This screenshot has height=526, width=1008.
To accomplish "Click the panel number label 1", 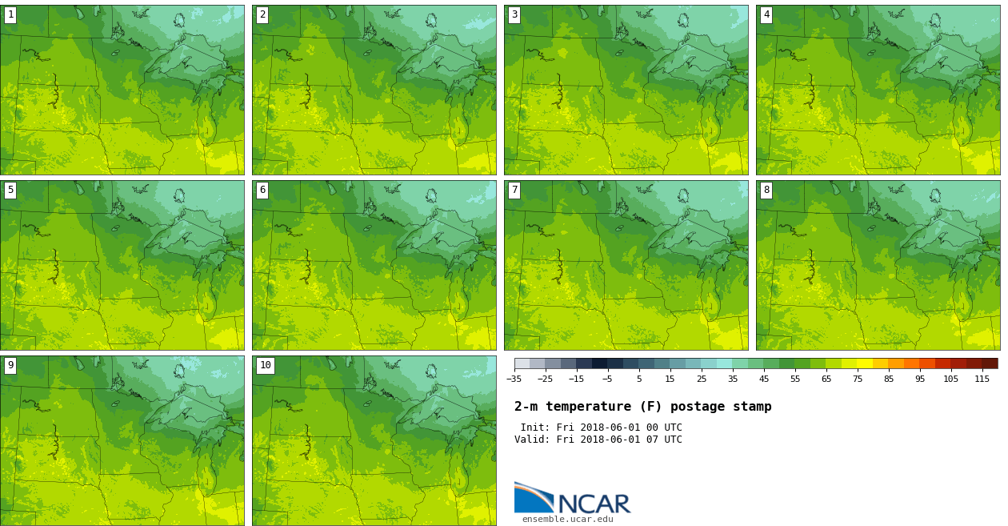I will (10, 14).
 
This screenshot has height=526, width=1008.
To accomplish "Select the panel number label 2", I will (262, 14).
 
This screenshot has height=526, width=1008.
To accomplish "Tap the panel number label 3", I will (514, 14).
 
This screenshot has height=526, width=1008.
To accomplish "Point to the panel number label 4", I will (766, 14).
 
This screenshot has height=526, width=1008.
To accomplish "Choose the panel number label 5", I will (10, 190).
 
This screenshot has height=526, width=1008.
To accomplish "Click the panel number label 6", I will (262, 190).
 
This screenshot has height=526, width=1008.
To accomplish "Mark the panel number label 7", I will (514, 190).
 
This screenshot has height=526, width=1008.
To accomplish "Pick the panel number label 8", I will (766, 190).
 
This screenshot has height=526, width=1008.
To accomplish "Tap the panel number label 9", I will (10, 365).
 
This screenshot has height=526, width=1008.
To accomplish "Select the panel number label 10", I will (265, 365).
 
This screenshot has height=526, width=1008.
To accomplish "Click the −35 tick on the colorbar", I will (514, 379).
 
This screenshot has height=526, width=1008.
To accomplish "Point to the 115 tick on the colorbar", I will (982, 379).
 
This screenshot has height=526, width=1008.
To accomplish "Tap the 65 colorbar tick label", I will (826, 379).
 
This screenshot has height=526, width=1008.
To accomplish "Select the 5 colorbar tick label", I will (639, 379).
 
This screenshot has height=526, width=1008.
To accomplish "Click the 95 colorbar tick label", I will (920, 379).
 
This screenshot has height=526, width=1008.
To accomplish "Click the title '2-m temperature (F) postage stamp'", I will (642, 407).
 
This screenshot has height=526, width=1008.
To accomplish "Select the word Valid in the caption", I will (530, 440).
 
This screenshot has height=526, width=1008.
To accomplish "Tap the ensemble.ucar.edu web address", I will (567, 520).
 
